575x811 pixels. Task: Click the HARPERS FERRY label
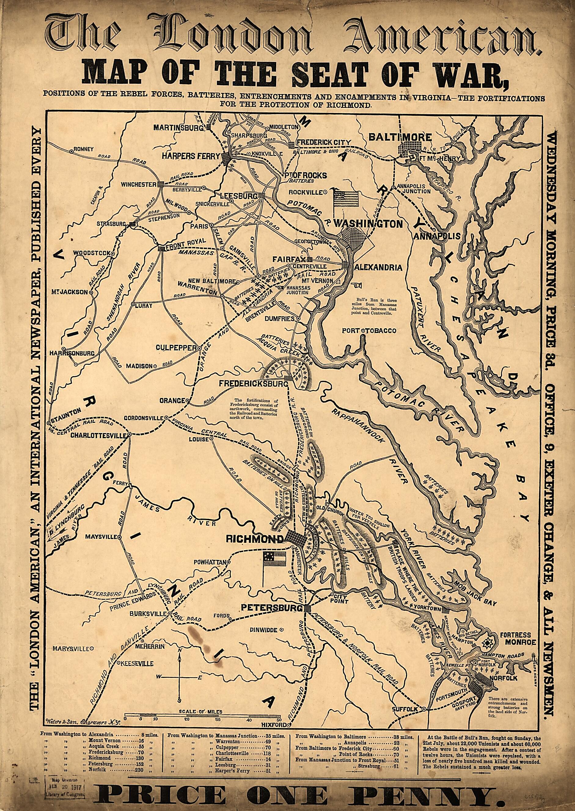pyautogui.click(x=191, y=156)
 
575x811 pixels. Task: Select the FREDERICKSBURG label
pyautogui.click(x=251, y=383)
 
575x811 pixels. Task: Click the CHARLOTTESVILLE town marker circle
pyautogui.click(x=130, y=434)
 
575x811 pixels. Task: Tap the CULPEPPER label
pyautogui.click(x=176, y=348)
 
